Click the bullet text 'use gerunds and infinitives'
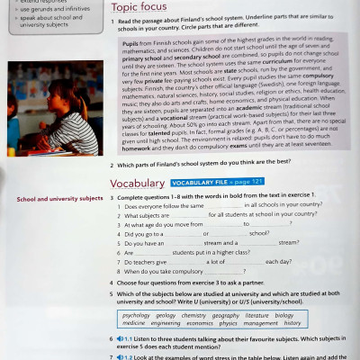[x=49, y=9]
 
